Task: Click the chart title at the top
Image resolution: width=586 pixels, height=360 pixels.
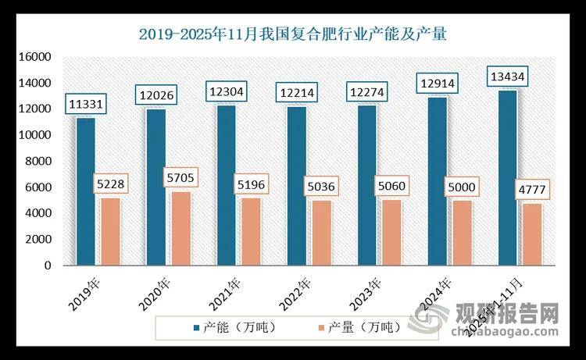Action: (293, 34)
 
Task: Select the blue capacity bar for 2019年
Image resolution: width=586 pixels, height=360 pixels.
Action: (85, 191)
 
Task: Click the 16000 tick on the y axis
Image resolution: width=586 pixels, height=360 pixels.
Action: (35, 57)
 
